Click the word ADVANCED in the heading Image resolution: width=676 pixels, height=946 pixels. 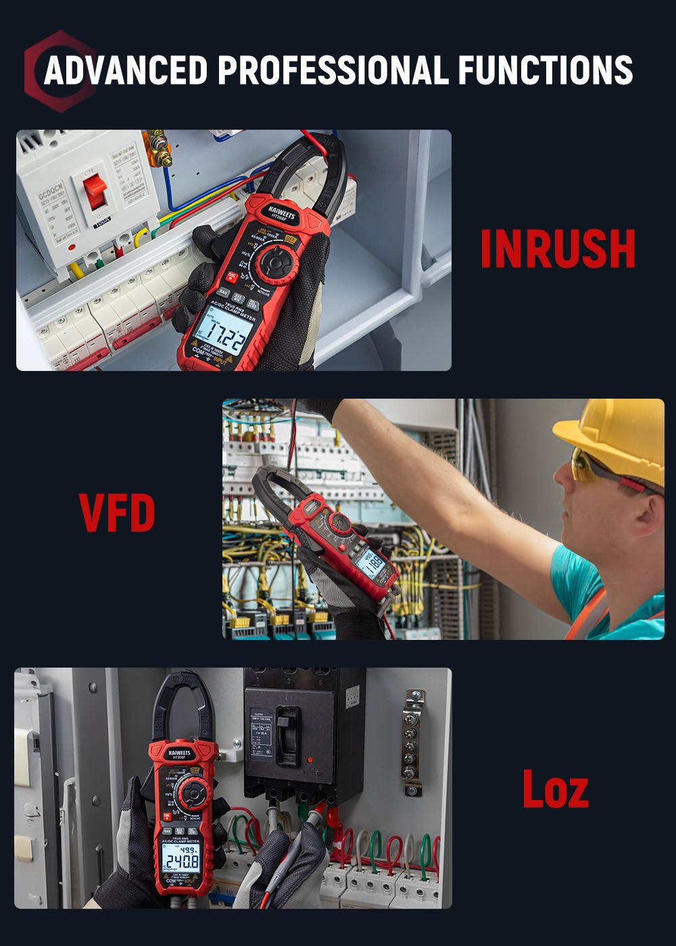click(x=126, y=70)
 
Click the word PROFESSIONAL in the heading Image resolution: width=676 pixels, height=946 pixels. click(x=333, y=70)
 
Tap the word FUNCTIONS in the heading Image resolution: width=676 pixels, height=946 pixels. click(x=545, y=70)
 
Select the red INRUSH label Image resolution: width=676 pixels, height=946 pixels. click(x=558, y=249)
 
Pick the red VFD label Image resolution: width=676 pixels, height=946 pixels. click(x=117, y=513)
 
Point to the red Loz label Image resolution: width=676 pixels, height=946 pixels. click(x=555, y=789)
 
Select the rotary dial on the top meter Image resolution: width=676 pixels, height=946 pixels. click(x=276, y=261)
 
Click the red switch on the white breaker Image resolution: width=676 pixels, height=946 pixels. click(x=95, y=191)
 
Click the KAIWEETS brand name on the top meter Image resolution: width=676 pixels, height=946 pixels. click(x=283, y=211)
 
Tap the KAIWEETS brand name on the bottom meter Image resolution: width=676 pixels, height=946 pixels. click(x=180, y=752)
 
